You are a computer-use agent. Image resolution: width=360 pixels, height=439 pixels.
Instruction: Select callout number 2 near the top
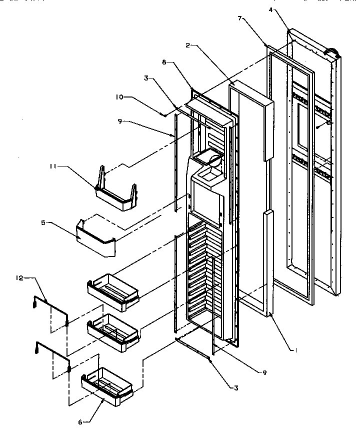pos(187,45)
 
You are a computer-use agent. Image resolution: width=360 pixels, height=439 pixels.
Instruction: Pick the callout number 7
pos(240,18)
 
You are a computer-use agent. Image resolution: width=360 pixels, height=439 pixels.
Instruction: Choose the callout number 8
pos(165,63)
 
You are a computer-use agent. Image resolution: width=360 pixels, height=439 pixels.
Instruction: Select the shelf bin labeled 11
pos(116,197)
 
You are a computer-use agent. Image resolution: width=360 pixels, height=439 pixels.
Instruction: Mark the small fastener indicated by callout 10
pos(164,114)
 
